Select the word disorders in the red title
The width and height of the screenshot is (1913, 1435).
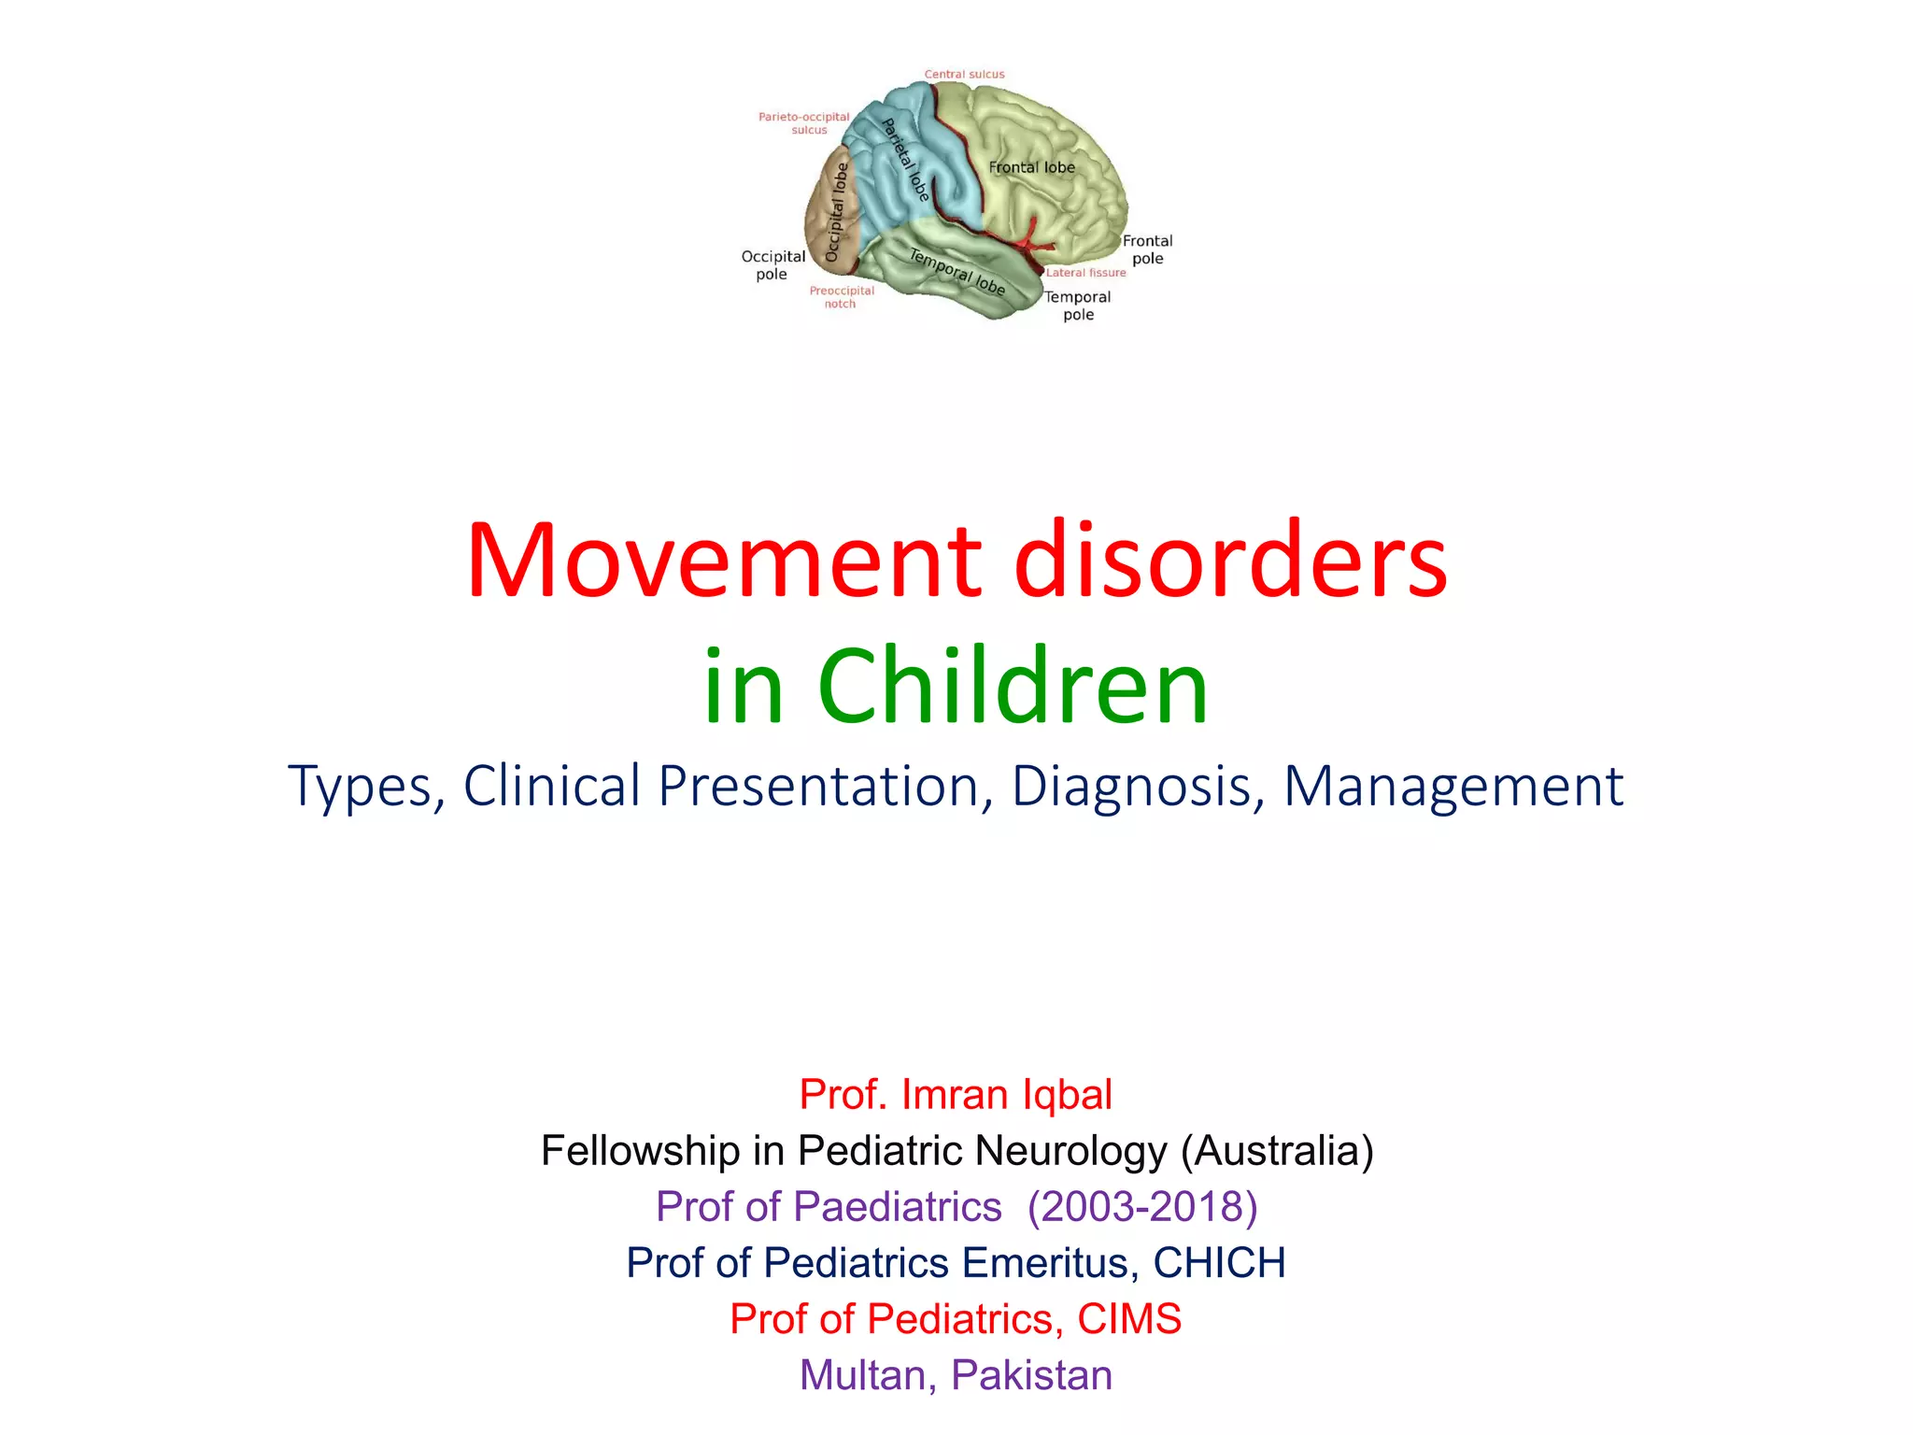[1230, 561]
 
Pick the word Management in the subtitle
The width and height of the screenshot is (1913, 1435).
[1452, 787]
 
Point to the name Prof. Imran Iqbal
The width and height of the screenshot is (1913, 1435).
[956, 1094]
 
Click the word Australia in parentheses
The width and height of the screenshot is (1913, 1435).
[1277, 1150]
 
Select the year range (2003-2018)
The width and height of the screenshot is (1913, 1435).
[1142, 1206]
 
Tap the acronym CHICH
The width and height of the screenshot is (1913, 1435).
[1219, 1262]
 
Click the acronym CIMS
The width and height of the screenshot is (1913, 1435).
[1129, 1318]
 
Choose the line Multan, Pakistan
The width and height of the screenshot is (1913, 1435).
[956, 1374]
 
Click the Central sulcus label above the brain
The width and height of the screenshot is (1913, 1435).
[964, 74]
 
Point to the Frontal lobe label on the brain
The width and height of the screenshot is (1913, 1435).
[1031, 167]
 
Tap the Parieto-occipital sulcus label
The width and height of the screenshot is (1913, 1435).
[803, 123]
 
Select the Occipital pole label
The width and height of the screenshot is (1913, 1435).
[772, 264]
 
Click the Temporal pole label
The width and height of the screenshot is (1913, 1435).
[1077, 305]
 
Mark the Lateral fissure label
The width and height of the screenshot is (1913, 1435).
[1085, 273]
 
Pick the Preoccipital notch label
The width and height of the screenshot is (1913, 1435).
[841, 297]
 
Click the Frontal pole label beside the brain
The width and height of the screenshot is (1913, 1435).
[1147, 249]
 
